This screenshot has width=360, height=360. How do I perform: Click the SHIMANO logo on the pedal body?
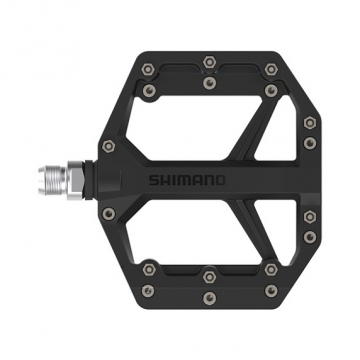click(x=200, y=181)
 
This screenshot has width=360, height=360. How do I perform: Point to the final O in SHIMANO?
click(x=221, y=181)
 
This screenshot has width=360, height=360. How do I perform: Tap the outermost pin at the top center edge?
click(x=207, y=62)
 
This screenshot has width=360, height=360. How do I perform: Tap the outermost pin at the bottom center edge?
click(x=207, y=299)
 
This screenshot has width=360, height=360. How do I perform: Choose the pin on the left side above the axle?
click(x=109, y=147)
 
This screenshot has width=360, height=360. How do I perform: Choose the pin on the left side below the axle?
click(x=109, y=214)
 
